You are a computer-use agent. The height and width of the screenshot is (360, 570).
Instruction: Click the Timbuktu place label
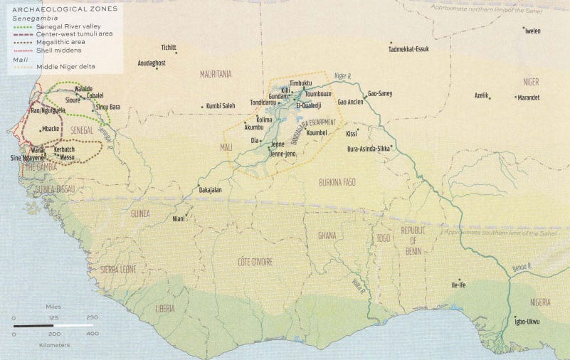300,84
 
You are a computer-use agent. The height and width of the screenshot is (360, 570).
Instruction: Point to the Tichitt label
169,48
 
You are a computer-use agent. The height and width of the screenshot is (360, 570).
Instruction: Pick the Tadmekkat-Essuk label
408,49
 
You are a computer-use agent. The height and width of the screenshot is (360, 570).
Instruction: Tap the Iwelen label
532,31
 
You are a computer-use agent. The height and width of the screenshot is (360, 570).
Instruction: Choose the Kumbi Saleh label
221,106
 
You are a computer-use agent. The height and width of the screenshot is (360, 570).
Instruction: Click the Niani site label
178,218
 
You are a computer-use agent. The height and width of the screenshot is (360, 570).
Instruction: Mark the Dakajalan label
211,190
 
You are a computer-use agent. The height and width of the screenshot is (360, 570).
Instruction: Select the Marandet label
528,97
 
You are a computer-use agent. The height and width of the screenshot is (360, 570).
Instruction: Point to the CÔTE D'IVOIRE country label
255,262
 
